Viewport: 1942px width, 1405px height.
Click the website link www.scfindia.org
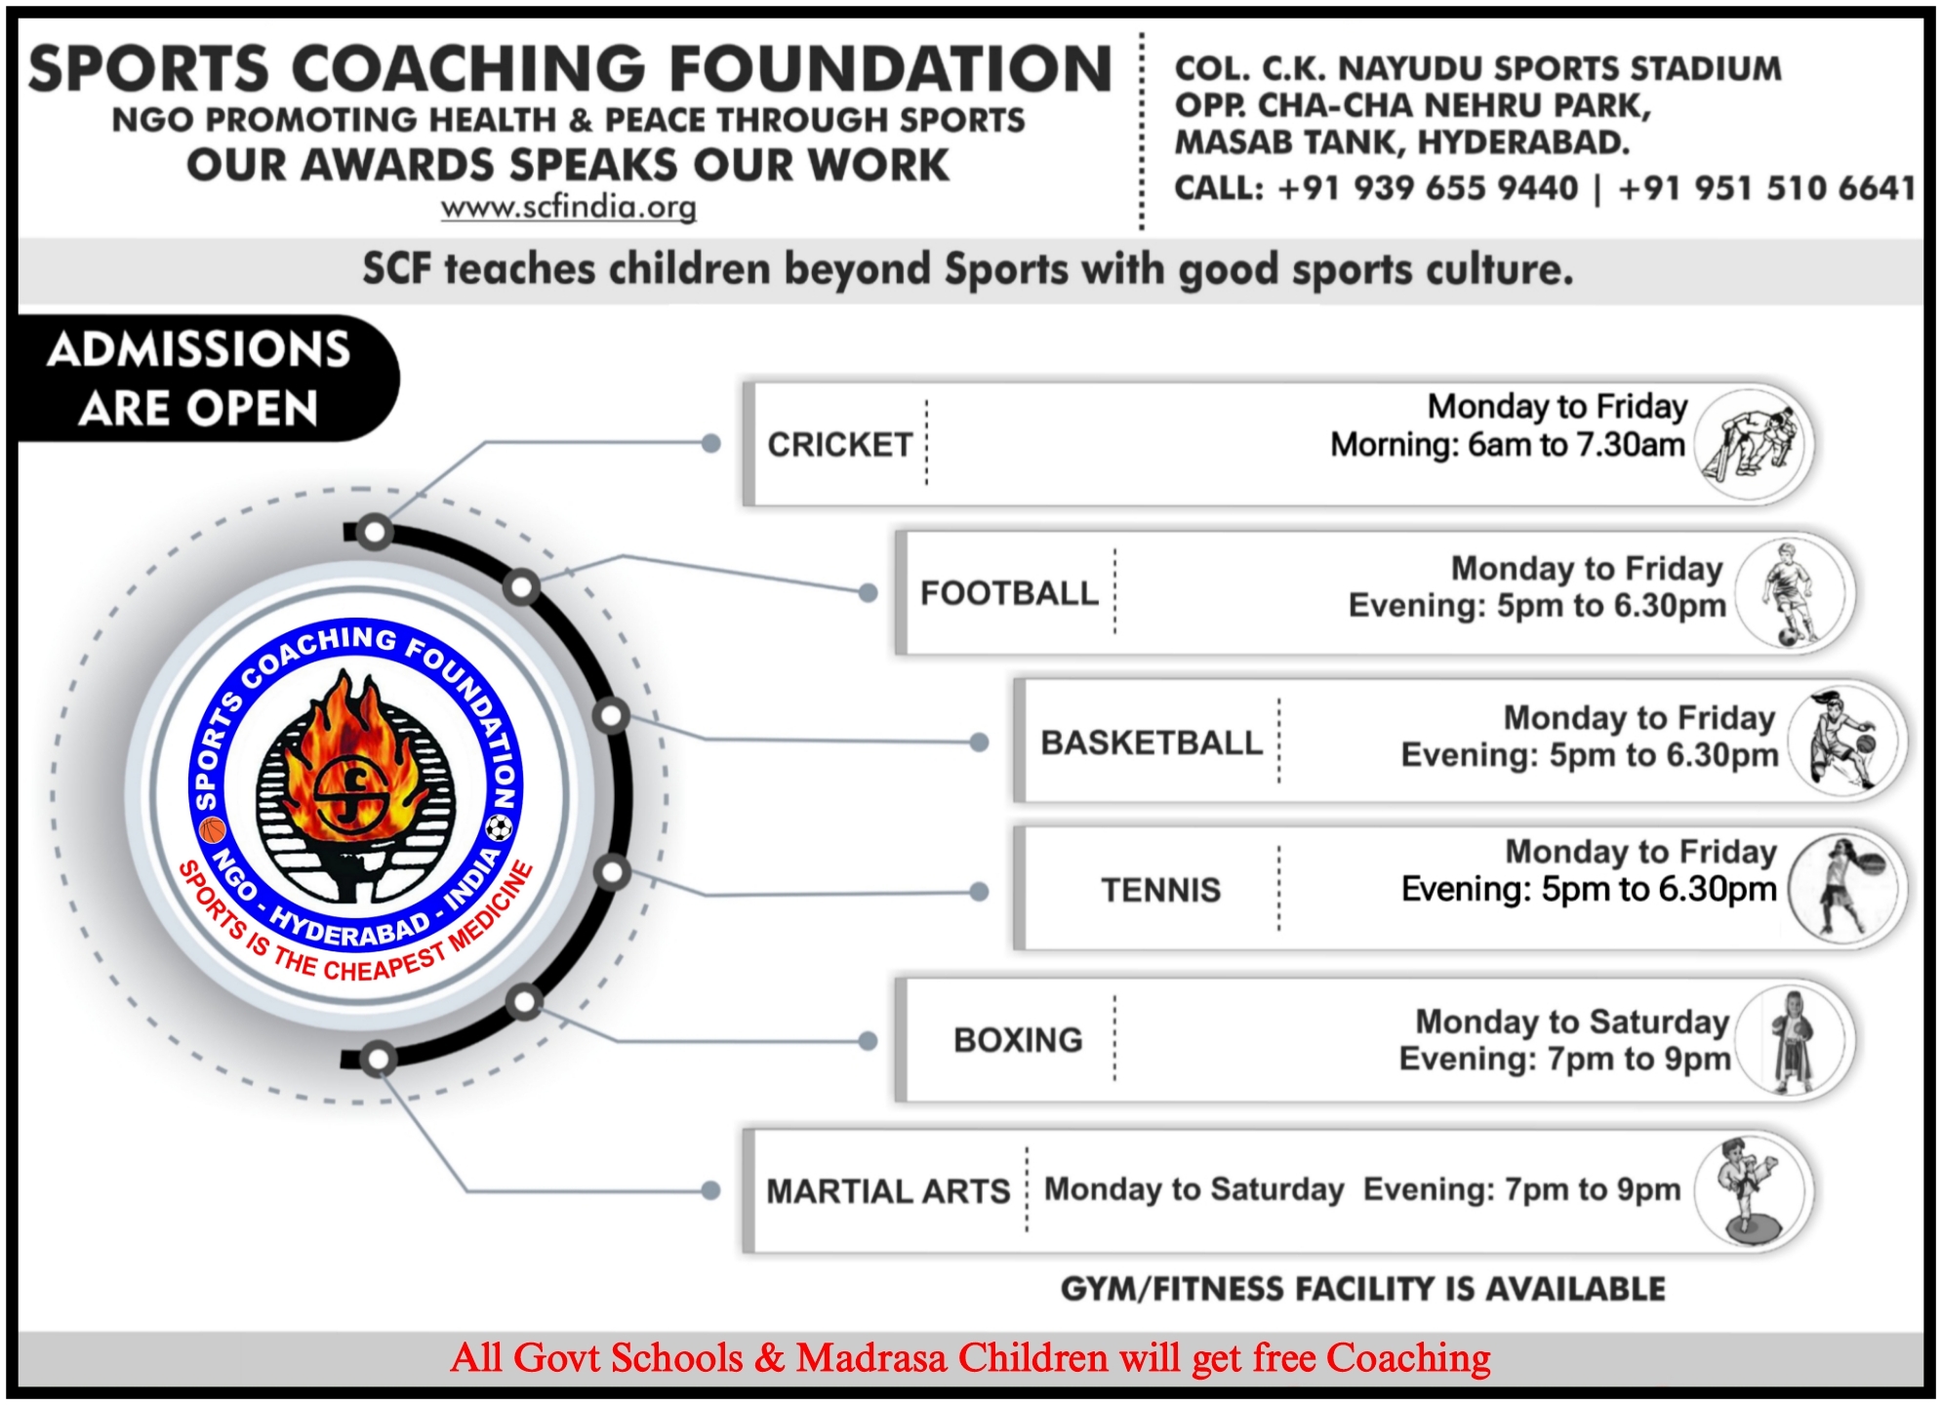click(568, 208)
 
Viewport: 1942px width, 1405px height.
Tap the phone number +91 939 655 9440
click(1427, 188)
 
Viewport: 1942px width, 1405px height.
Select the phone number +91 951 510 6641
click(1766, 188)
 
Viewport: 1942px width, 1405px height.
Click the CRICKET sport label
click(839, 445)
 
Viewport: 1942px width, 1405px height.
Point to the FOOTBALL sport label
click(1009, 593)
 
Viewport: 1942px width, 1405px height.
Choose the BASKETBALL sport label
click(1152, 743)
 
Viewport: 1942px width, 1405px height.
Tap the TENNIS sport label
click(1161, 890)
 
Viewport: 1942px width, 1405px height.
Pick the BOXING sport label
click(1018, 1040)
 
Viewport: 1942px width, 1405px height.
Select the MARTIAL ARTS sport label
click(888, 1191)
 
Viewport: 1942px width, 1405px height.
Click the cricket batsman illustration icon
click(1750, 445)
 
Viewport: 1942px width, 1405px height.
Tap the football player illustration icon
click(1791, 593)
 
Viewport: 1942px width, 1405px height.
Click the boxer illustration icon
click(1792, 1041)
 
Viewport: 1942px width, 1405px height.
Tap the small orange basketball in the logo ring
click(213, 830)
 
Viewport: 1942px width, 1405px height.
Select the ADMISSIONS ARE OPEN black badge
click(205, 379)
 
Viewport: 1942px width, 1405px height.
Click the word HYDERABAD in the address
click(1522, 143)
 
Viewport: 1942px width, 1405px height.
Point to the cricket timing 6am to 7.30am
click(1576, 445)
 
